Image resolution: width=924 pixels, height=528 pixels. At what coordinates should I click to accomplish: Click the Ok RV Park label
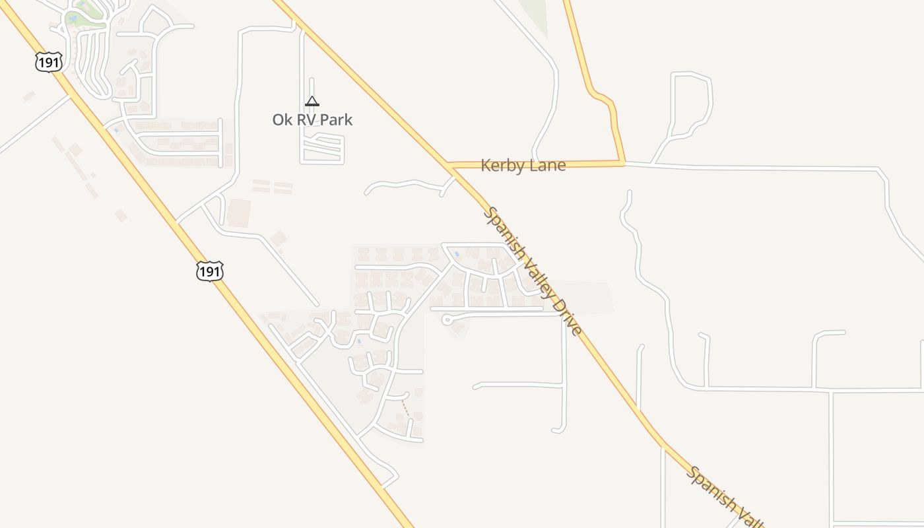pos(312,120)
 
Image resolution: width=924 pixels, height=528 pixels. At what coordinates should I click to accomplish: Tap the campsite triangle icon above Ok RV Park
pos(312,102)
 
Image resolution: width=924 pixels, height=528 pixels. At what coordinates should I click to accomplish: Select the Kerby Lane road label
pos(523,166)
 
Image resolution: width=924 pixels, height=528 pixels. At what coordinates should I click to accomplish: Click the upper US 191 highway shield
pos(49,62)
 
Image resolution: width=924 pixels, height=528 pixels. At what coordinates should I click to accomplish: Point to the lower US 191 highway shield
pos(210,271)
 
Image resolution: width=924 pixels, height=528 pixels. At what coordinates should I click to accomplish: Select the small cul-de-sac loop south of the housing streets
pos(447,320)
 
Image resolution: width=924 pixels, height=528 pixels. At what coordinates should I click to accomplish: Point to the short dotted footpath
pos(406,409)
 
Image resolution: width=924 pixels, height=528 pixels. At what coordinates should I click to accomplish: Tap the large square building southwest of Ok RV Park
pos(238,213)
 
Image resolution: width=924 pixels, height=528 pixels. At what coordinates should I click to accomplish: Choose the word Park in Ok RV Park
pos(335,120)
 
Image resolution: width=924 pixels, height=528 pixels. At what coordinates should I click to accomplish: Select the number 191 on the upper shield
pos(49,62)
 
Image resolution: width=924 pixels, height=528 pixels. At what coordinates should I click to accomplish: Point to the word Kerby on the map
pos(500,166)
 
